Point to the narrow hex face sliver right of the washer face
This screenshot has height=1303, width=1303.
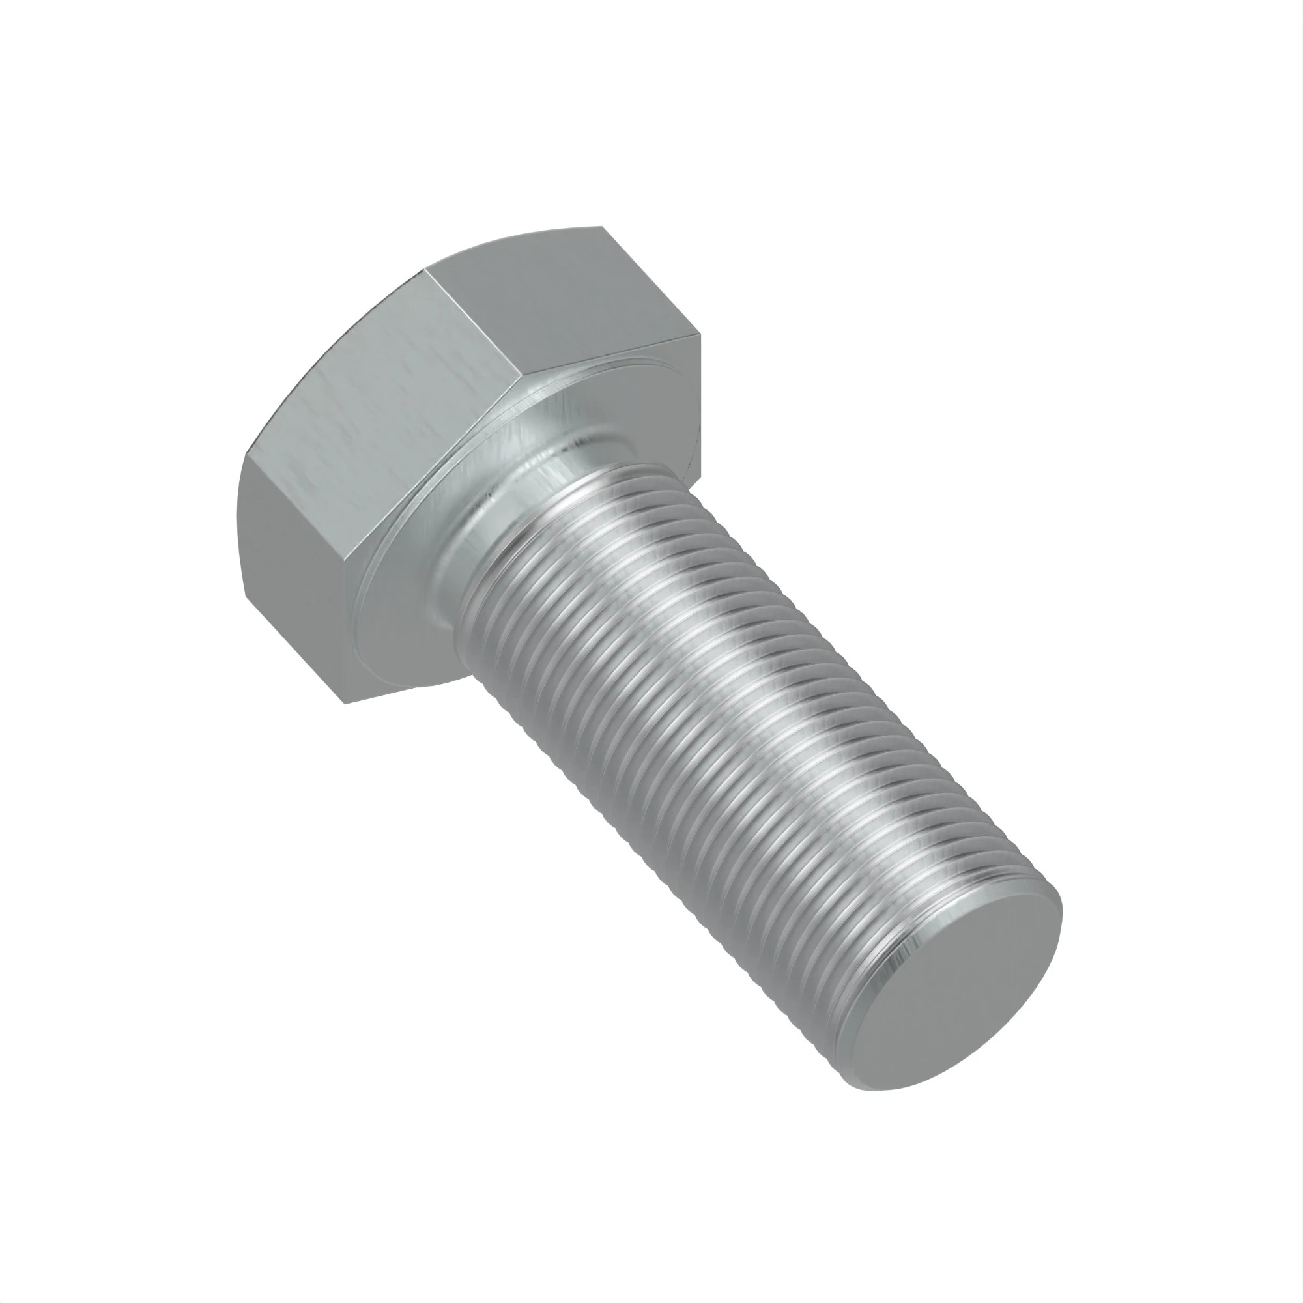tap(692, 405)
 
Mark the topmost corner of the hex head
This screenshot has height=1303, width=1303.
tap(600, 227)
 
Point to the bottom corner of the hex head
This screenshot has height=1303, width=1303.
tap(345, 704)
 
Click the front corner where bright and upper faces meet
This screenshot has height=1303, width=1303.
tap(520, 378)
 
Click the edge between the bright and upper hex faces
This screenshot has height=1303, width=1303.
tap(472, 324)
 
